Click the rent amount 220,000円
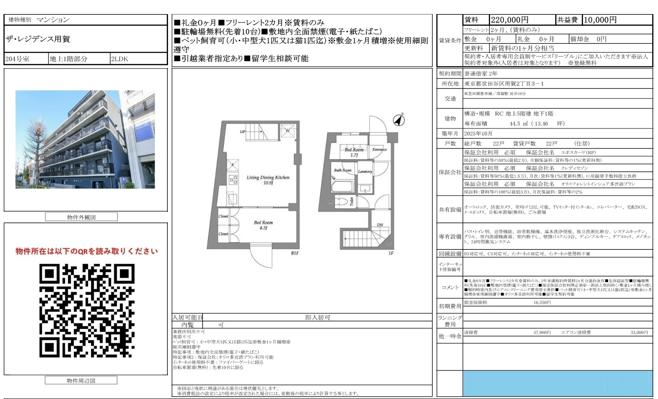pos(510,20)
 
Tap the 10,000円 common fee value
pos(600,20)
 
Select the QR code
pos(87,310)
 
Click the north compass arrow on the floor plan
pos(399,120)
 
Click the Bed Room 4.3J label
pos(263,225)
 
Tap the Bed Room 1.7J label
pos(354,152)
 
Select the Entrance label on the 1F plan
pos(380,149)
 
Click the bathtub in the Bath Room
pos(343,186)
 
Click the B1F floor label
pos(295,253)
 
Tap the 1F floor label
pos(391,253)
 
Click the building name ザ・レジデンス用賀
pos(38,39)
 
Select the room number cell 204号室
pos(18,59)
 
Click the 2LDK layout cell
pos(119,59)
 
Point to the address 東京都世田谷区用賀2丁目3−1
pos(504,84)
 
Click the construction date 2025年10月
pos(478,134)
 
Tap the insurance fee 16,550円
pos(542,302)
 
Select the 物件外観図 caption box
pos(81,217)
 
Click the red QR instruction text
pos(87,251)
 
